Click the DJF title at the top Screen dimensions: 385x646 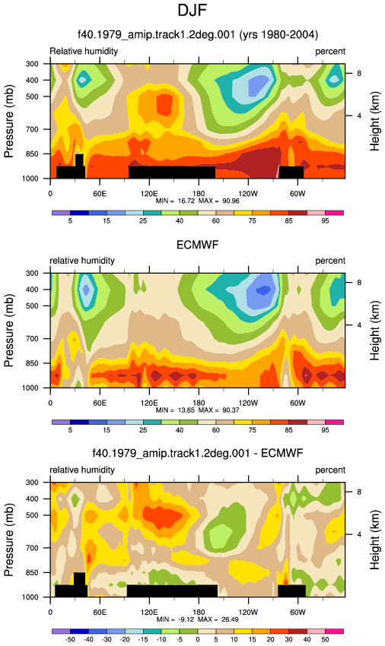[x=192, y=11]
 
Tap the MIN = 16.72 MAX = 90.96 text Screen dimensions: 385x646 [x=198, y=201]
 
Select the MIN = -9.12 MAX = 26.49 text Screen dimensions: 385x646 [x=198, y=619]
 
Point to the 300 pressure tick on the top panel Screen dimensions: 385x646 [x=33, y=64]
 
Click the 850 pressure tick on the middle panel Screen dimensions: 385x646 [x=33, y=363]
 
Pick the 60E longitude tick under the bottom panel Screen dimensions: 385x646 [x=100, y=613]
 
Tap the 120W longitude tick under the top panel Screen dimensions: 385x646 [x=248, y=194]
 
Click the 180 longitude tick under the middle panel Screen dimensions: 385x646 [x=199, y=403]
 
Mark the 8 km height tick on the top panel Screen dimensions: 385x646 [x=359, y=73]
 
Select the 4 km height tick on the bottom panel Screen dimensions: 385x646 [x=359, y=534]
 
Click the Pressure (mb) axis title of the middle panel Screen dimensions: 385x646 [x=8, y=331]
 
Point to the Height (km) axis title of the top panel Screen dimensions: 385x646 [x=374, y=121]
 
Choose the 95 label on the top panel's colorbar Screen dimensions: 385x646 [x=325, y=221]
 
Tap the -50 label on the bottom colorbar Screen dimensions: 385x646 [x=70, y=639]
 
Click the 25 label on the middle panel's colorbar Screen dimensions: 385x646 [x=143, y=430]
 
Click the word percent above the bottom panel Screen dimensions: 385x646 [x=330, y=470]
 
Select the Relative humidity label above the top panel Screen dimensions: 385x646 [x=84, y=51]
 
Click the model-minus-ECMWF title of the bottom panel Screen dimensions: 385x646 [x=198, y=453]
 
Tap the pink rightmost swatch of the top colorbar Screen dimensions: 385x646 [x=334, y=213]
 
